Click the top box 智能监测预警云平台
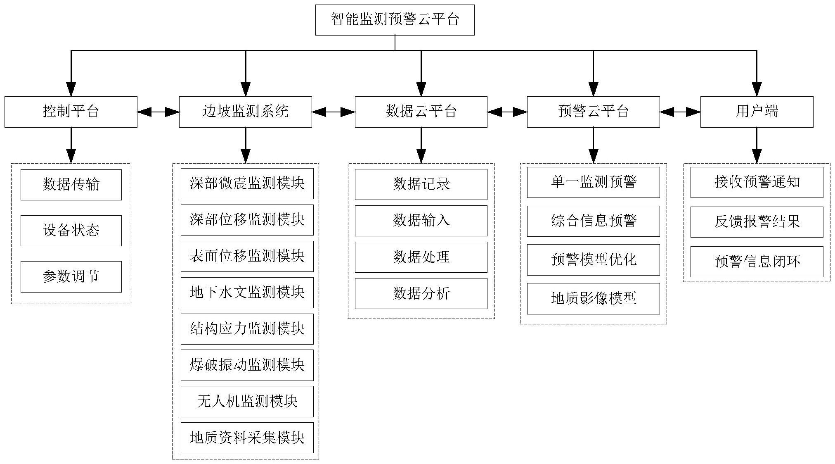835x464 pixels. [395, 20]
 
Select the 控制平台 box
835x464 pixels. [71, 112]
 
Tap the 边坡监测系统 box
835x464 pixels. [245, 112]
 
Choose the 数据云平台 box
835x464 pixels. [421, 112]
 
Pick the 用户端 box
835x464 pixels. [757, 112]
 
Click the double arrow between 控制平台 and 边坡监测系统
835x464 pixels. [158, 112]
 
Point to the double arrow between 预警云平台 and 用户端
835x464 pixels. [680, 112]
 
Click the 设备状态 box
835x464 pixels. [71, 231]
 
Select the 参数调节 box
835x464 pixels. [71, 276]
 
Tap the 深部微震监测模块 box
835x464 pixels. [247, 183]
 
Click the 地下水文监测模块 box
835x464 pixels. [247, 293]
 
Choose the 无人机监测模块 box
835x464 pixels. [247, 401]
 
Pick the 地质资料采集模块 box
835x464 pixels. [247, 438]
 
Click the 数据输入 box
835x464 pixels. [421, 221]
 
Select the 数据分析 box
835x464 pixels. [421, 293]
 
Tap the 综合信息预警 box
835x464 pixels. [593, 221]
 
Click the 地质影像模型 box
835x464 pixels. [593, 298]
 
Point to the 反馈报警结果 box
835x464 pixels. [757, 222]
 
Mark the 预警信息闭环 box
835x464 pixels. [757, 262]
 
